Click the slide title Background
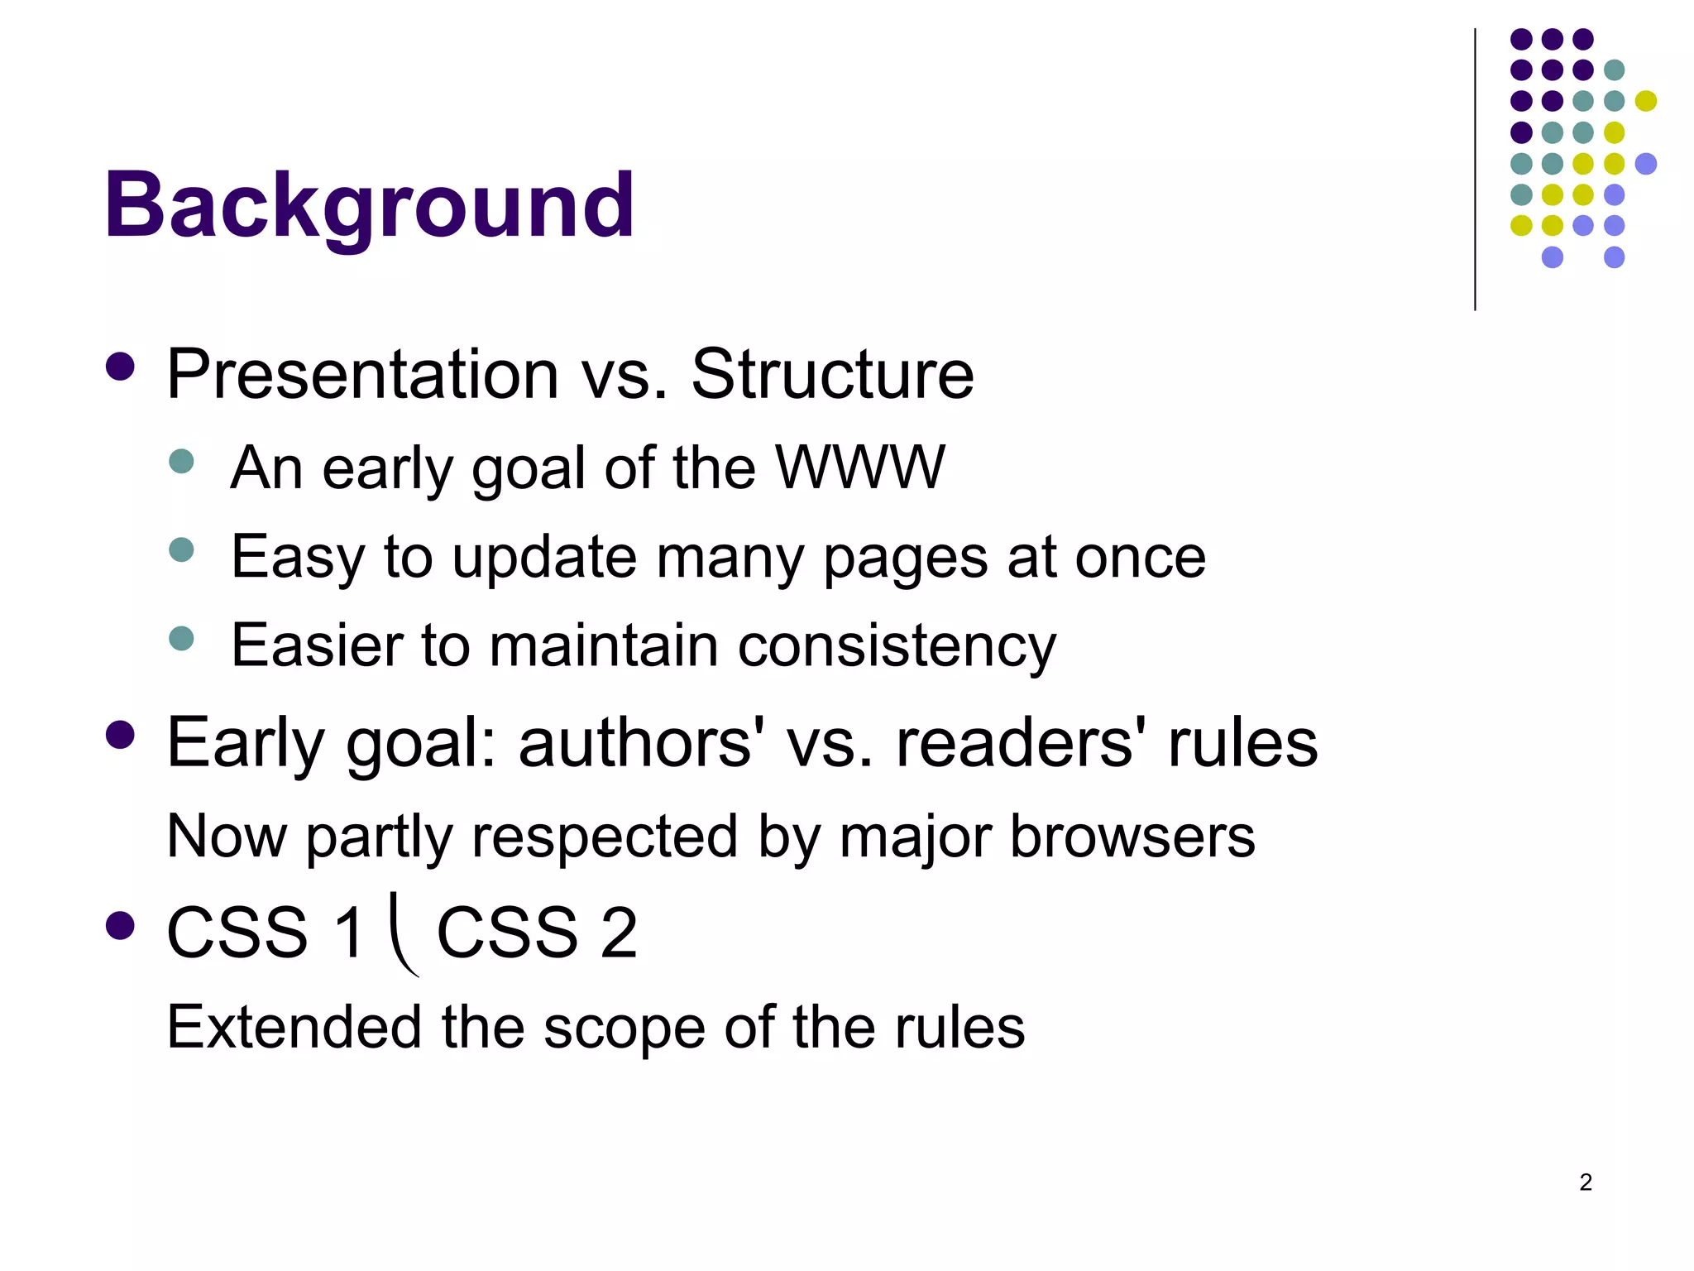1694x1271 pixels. point(369,205)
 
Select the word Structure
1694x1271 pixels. point(832,375)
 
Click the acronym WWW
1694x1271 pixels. point(859,468)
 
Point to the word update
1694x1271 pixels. point(544,557)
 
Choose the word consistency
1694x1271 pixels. point(897,645)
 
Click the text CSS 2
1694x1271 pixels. point(537,933)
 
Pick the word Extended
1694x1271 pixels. point(294,1027)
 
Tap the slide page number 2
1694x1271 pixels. point(1586,1182)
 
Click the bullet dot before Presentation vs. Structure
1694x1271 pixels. point(121,367)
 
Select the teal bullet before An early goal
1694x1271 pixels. point(181,461)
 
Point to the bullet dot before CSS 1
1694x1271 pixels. point(121,926)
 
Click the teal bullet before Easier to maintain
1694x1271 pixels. point(181,638)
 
